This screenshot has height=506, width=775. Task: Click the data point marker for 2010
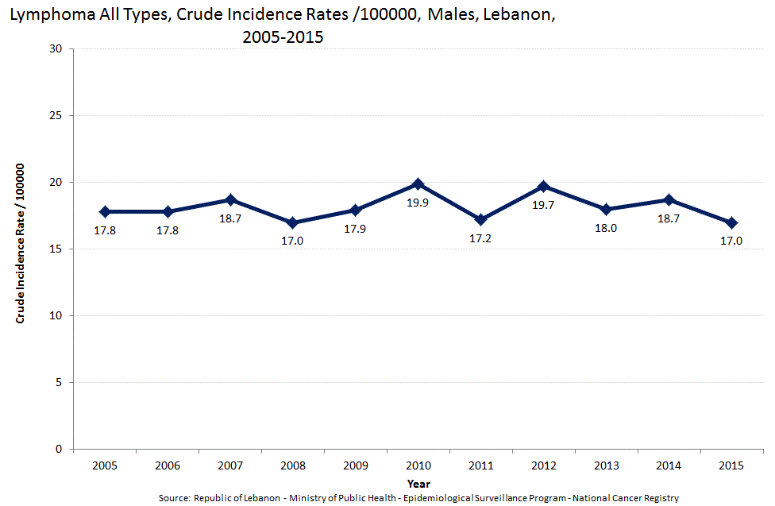pos(418,184)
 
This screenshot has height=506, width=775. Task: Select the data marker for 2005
pos(105,212)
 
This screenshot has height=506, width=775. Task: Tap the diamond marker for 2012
pos(544,187)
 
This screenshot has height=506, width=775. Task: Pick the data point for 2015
pos(731,222)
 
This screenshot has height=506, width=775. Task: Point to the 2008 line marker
pos(293,222)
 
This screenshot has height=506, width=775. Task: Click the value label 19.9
pos(418,203)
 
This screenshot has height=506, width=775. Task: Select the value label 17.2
pos(481,238)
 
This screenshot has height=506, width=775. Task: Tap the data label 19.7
pos(544,205)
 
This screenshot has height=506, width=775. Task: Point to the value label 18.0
pos(606,229)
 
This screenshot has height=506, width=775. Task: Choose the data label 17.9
pos(356,230)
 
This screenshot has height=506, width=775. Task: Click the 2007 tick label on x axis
pos(230,465)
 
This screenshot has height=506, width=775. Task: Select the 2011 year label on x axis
pos(481,465)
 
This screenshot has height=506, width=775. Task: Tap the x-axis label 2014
pos(669,465)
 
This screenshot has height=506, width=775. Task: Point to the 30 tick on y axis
pos(56,49)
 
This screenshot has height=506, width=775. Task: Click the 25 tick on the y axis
pos(56,116)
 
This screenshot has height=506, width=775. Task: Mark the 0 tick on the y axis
pos(60,450)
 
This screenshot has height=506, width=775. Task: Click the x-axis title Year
pos(418,483)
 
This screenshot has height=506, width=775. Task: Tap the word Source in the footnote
pos(174,498)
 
